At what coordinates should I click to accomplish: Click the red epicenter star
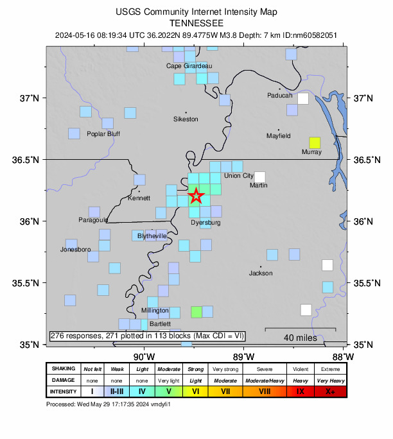(x=197, y=196)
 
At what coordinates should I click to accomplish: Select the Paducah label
(x=280, y=96)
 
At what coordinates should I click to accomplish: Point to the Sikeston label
(x=186, y=119)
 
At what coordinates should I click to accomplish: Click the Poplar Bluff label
(x=103, y=134)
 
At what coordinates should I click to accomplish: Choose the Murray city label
(x=311, y=152)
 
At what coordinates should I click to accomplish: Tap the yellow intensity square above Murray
(x=314, y=142)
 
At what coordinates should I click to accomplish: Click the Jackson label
(x=261, y=273)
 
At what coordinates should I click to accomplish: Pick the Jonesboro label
(x=75, y=249)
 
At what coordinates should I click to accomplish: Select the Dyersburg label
(x=205, y=223)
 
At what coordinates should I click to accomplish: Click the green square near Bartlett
(x=197, y=312)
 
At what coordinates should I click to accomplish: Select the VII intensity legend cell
(x=225, y=391)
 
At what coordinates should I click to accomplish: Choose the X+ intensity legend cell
(x=331, y=391)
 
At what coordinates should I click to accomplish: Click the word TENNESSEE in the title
(x=197, y=21)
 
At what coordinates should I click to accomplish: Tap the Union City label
(x=239, y=176)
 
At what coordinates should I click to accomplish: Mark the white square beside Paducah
(x=302, y=99)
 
